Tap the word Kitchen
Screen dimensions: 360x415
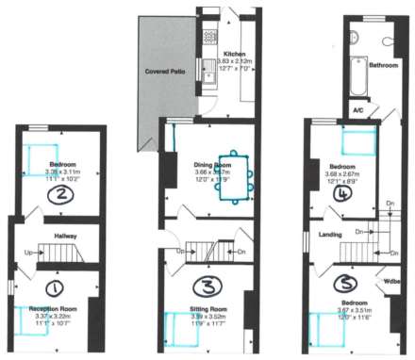[234, 54]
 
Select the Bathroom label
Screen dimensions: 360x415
[383, 66]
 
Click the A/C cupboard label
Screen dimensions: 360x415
[358, 109]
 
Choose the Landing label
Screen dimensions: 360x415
[330, 235]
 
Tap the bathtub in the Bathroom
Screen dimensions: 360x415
[359, 77]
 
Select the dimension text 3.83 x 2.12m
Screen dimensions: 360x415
[234, 61]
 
